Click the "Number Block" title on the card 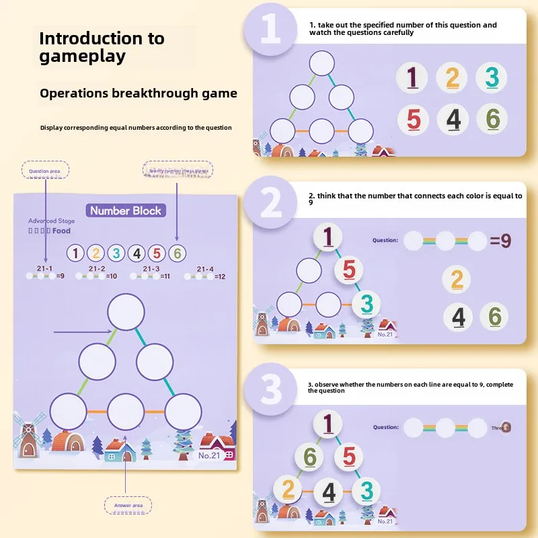point(126,210)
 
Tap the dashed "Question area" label point(46,171)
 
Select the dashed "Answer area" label point(128,505)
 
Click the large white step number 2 point(271,202)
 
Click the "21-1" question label point(45,268)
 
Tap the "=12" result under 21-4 point(220,276)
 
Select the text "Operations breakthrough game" point(138,93)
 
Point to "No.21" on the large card point(208,455)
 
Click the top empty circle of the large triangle point(126,311)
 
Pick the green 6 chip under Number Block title point(177,254)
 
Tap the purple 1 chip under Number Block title point(76,254)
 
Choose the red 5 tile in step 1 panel point(414,120)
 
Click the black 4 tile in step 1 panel point(453,120)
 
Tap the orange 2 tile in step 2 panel point(457,279)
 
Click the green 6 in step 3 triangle point(309,457)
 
